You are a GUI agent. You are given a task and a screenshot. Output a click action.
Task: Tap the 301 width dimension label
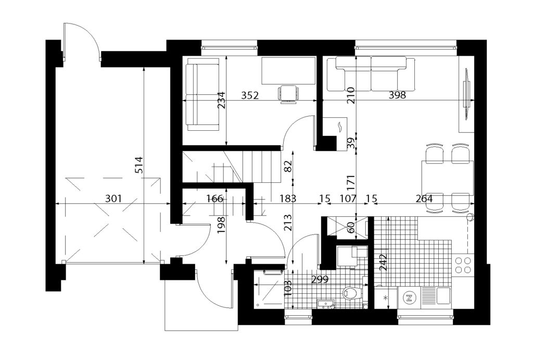click(x=113, y=198)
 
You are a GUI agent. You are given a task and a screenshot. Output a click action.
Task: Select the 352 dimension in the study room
click(x=250, y=95)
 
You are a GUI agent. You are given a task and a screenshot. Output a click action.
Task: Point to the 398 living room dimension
click(x=397, y=95)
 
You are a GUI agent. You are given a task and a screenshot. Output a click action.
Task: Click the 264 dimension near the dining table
click(x=424, y=198)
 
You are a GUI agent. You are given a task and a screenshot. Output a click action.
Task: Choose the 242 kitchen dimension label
click(x=384, y=262)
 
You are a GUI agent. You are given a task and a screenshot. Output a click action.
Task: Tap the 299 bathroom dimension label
click(x=320, y=280)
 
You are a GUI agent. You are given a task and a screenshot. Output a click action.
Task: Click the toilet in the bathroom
click(x=350, y=293)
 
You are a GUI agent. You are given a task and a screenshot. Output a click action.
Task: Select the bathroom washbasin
click(x=326, y=304)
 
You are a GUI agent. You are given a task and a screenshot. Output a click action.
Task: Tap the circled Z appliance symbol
click(x=409, y=299)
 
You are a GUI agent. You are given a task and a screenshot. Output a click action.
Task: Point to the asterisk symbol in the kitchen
click(x=385, y=299)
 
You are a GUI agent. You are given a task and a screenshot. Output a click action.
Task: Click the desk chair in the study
click(x=288, y=94)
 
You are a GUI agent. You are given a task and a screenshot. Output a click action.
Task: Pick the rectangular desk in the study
click(x=288, y=70)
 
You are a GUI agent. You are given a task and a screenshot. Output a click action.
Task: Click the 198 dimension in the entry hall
click(x=221, y=225)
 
